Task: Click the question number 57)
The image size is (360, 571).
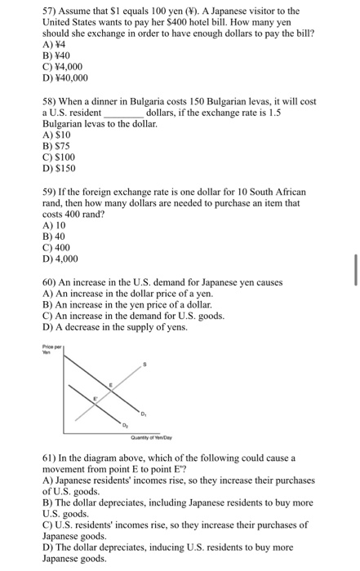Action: [51, 11]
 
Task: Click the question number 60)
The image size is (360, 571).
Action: [51, 282]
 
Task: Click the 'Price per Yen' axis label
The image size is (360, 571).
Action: [51, 348]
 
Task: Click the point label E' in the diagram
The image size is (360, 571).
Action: [94, 399]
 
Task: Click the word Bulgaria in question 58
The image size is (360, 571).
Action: [168, 101]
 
